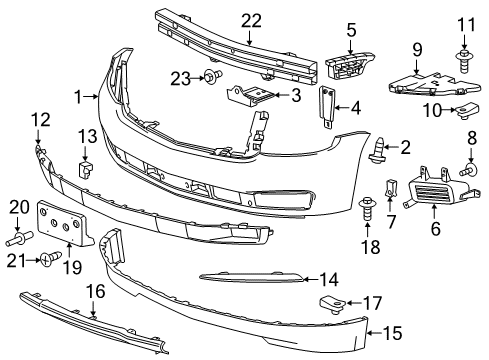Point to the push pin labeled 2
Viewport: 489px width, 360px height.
tap(377, 152)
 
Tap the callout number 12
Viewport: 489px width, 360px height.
tap(38, 120)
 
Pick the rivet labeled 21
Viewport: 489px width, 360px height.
tap(46, 261)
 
